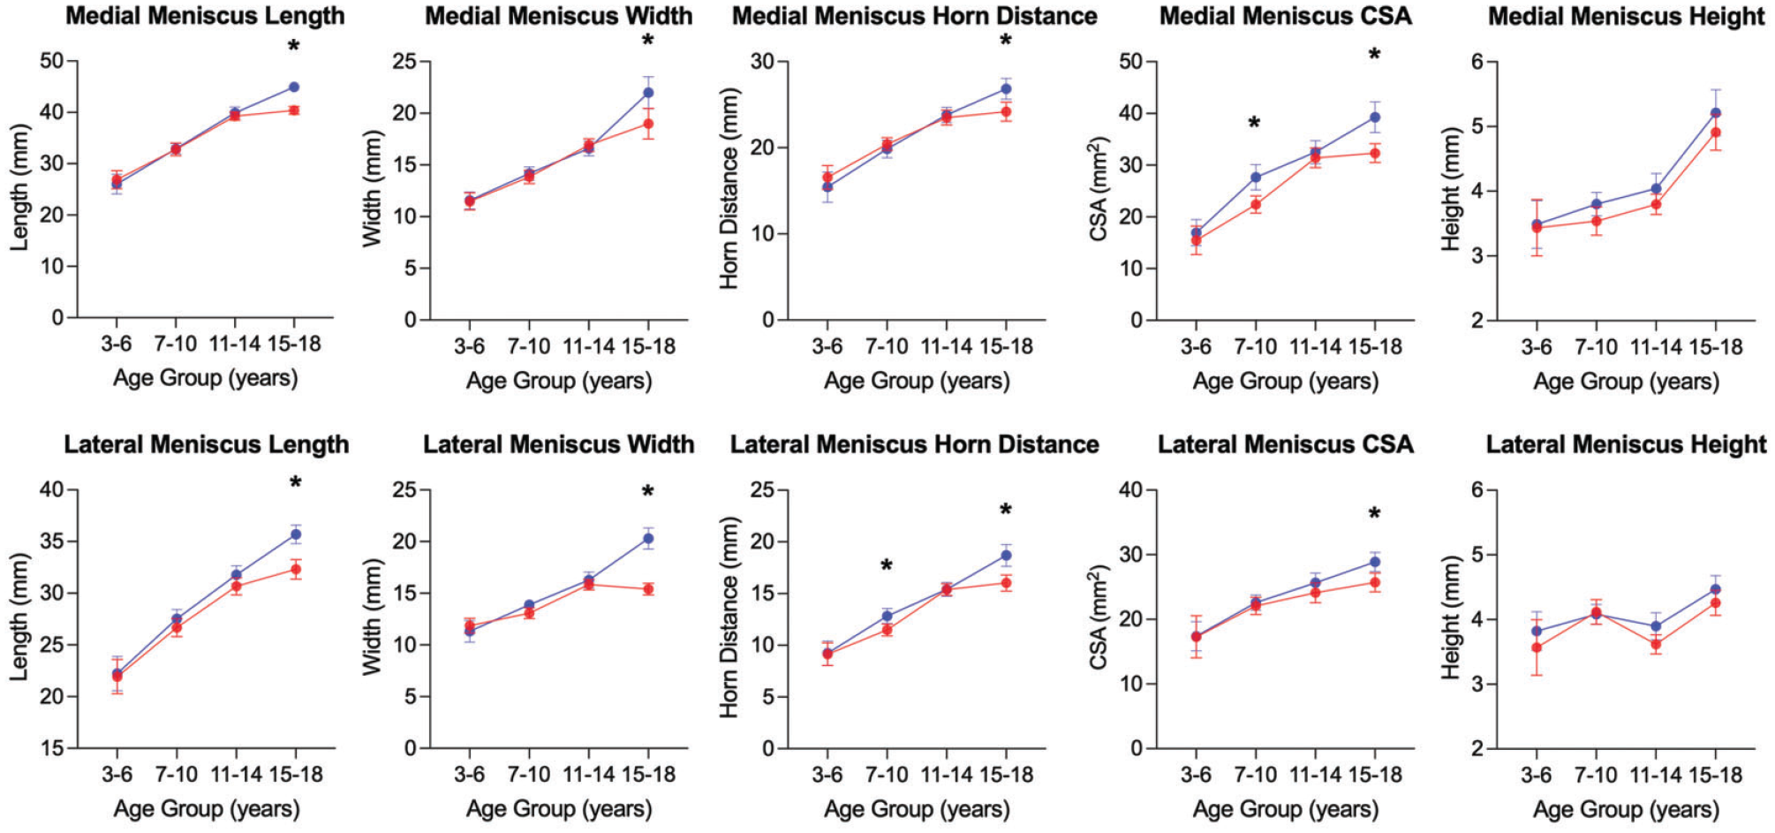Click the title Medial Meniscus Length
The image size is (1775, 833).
coord(205,16)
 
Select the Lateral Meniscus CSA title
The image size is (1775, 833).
coord(1286,444)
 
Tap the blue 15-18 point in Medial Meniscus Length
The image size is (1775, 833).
coord(294,87)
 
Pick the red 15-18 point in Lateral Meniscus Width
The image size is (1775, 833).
coord(648,589)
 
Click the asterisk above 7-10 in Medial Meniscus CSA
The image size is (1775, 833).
coord(1254,124)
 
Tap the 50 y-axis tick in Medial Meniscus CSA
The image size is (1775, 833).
coord(1130,62)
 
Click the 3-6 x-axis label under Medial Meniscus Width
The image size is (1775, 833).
coord(469,346)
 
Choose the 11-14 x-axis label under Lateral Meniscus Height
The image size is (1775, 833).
coord(1655,775)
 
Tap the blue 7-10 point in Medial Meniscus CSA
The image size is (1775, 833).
coord(1255,178)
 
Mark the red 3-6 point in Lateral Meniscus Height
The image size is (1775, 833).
coord(1537,647)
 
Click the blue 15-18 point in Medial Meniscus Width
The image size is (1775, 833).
coord(648,92)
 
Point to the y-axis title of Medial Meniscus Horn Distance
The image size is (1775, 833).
coord(729,191)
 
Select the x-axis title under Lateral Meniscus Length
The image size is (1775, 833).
coord(206,808)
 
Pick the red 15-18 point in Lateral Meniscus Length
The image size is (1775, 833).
coord(296,569)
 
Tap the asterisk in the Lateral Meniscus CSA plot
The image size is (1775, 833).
coord(1374,514)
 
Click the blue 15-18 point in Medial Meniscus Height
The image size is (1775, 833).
coord(1716,113)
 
